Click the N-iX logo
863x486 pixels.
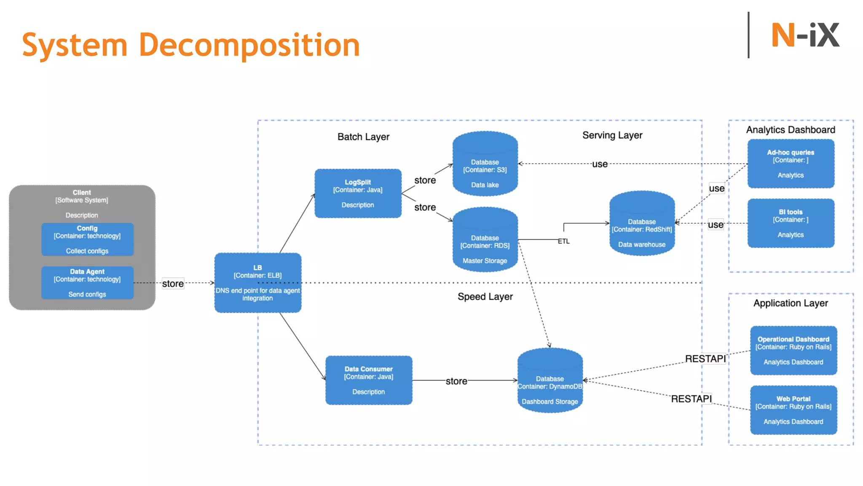click(805, 35)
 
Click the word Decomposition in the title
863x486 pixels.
click(249, 46)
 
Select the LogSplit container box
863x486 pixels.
click(358, 194)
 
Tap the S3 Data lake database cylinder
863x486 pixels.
click(485, 165)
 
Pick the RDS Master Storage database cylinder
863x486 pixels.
click(485, 240)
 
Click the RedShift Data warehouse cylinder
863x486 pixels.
click(642, 224)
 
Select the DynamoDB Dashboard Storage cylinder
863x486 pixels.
click(550, 381)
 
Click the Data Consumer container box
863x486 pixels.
click(369, 380)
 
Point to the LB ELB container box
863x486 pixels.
click(257, 283)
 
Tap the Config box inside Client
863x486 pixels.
click(87, 239)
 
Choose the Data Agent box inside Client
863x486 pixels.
click(87, 283)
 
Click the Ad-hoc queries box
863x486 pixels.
click(791, 164)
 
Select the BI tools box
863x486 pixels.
click(791, 223)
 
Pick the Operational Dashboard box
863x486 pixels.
click(793, 351)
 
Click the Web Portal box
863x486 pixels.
click(793, 410)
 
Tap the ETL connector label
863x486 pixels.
click(563, 241)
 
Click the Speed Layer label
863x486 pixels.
click(485, 297)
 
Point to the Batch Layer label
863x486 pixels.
click(363, 137)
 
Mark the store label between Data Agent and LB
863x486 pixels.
click(173, 283)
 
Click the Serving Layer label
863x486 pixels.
click(612, 135)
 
